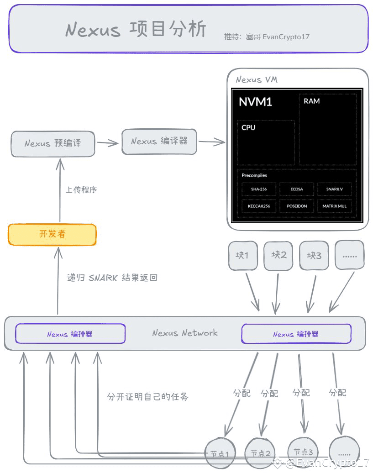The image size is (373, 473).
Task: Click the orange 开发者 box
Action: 52,234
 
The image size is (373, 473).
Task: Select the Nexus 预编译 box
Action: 53,144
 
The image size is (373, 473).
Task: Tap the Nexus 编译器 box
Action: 159,142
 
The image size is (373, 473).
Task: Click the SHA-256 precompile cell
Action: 259,189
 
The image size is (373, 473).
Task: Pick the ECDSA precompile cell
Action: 296,189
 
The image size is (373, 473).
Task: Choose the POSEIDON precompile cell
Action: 297,206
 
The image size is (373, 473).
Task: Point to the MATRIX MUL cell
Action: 334,206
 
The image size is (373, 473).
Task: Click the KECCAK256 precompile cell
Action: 259,206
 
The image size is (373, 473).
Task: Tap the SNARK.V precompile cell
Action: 334,189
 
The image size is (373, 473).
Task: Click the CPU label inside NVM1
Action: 248,127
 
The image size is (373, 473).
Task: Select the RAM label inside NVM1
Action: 311,101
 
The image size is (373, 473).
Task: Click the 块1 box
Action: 243,256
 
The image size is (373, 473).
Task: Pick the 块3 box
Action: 314,256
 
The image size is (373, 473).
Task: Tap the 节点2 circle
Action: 260,453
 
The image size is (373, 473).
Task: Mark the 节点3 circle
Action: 303,452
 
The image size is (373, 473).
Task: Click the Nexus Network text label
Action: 185,333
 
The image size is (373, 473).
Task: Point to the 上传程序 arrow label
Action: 81,190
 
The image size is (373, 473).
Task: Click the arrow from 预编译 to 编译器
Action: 108,143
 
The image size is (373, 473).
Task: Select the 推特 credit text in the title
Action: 267,37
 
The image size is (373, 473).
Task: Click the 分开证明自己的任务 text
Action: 148,396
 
